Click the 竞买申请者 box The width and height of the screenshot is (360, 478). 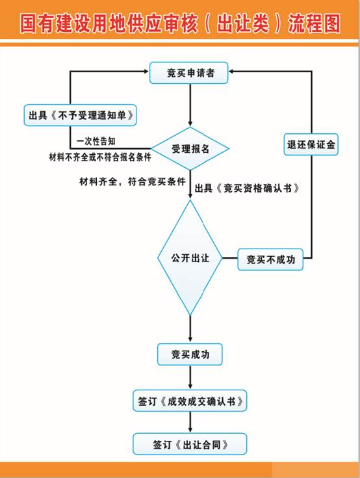[x=189, y=73]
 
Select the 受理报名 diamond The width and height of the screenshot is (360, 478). [x=190, y=149]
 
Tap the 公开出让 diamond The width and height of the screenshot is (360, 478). [x=190, y=258]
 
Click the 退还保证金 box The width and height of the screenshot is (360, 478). [x=311, y=144]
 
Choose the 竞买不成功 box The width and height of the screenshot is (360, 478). [x=270, y=259]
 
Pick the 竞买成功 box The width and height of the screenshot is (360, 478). [x=190, y=354]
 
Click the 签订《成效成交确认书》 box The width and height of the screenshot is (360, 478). [x=190, y=401]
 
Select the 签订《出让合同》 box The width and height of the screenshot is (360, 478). [x=190, y=444]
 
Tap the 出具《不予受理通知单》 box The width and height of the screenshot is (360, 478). [x=80, y=115]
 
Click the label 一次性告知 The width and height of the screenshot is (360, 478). [x=96, y=141]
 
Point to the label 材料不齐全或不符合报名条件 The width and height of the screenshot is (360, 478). [x=100, y=157]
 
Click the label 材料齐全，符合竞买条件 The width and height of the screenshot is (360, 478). [x=133, y=181]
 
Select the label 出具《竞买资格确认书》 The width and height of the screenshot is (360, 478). [x=247, y=188]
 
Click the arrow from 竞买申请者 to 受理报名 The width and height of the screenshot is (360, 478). [x=190, y=105]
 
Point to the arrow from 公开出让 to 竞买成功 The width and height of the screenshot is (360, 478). [x=190, y=329]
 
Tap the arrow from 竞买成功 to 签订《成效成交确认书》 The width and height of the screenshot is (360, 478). [x=190, y=377]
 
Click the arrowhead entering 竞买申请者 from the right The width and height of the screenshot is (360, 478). [x=231, y=72]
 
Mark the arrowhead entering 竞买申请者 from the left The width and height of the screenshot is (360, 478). [x=146, y=72]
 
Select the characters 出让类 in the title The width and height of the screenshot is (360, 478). [x=243, y=23]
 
